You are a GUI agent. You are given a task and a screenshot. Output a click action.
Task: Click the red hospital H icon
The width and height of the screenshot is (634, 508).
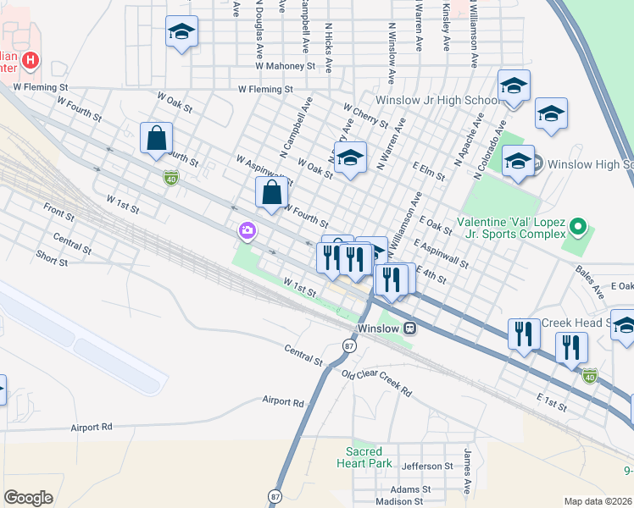(31, 60)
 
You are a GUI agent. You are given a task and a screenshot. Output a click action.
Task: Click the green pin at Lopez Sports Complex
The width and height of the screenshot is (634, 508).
(578, 227)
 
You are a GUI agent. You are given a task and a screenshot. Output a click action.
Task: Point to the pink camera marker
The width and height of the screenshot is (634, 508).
(247, 229)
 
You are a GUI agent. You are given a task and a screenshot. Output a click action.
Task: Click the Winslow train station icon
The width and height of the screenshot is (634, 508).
(410, 328)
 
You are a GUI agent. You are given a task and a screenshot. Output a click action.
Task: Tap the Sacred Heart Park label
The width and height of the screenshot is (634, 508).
(370, 457)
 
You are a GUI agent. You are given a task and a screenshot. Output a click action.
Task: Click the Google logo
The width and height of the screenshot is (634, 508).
(28, 498)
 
